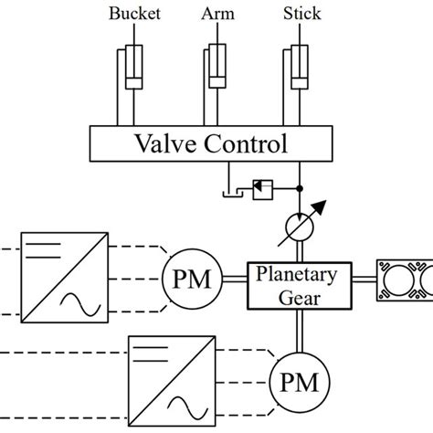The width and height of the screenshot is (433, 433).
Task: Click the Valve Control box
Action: coord(210,143)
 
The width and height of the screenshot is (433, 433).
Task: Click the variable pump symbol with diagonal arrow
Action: coord(301,224)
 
